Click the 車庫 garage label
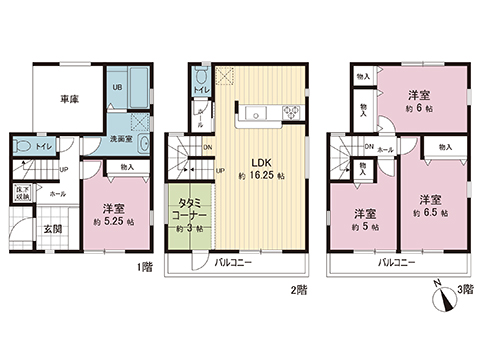point(69,100)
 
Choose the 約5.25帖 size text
point(112,223)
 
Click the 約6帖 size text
point(417,108)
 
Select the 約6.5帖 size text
point(431,212)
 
